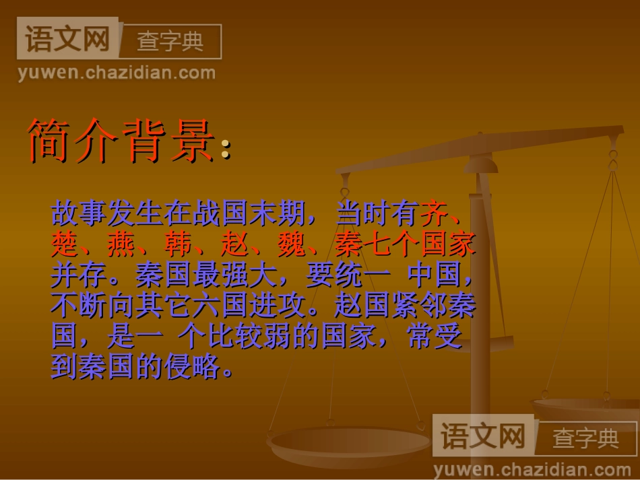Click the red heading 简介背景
tap(121, 142)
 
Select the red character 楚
tap(65, 244)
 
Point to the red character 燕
tap(121, 244)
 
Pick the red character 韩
tap(178, 244)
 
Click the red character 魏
tap(291, 244)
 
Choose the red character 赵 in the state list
tap(234, 244)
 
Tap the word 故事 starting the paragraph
tap(79, 214)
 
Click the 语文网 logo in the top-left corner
tap(67, 40)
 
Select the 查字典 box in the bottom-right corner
tap(585, 438)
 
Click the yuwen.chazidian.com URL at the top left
tap(117, 73)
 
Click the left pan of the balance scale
tap(350, 444)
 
